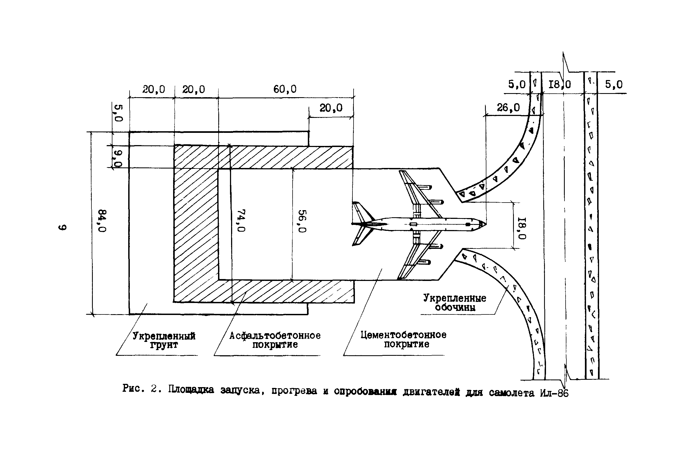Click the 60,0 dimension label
click(x=285, y=89)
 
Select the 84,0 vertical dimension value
click(x=102, y=221)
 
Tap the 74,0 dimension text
click(x=241, y=220)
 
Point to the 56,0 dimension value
click(x=302, y=221)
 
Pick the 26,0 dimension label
click(x=508, y=108)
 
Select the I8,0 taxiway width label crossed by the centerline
click(x=559, y=84)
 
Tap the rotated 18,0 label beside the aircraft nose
click(x=522, y=228)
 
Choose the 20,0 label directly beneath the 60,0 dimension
click(x=331, y=108)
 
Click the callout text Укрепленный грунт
click(x=164, y=340)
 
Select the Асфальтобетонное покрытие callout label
click(x=275, y=340)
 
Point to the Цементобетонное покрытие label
click(x=403, y=339)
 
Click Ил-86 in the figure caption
click(x=554, y=393)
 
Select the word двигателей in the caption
click(x=431, y=392)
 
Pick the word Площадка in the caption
click(x=191, y=390)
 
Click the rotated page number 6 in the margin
click(x=63, y=227)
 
